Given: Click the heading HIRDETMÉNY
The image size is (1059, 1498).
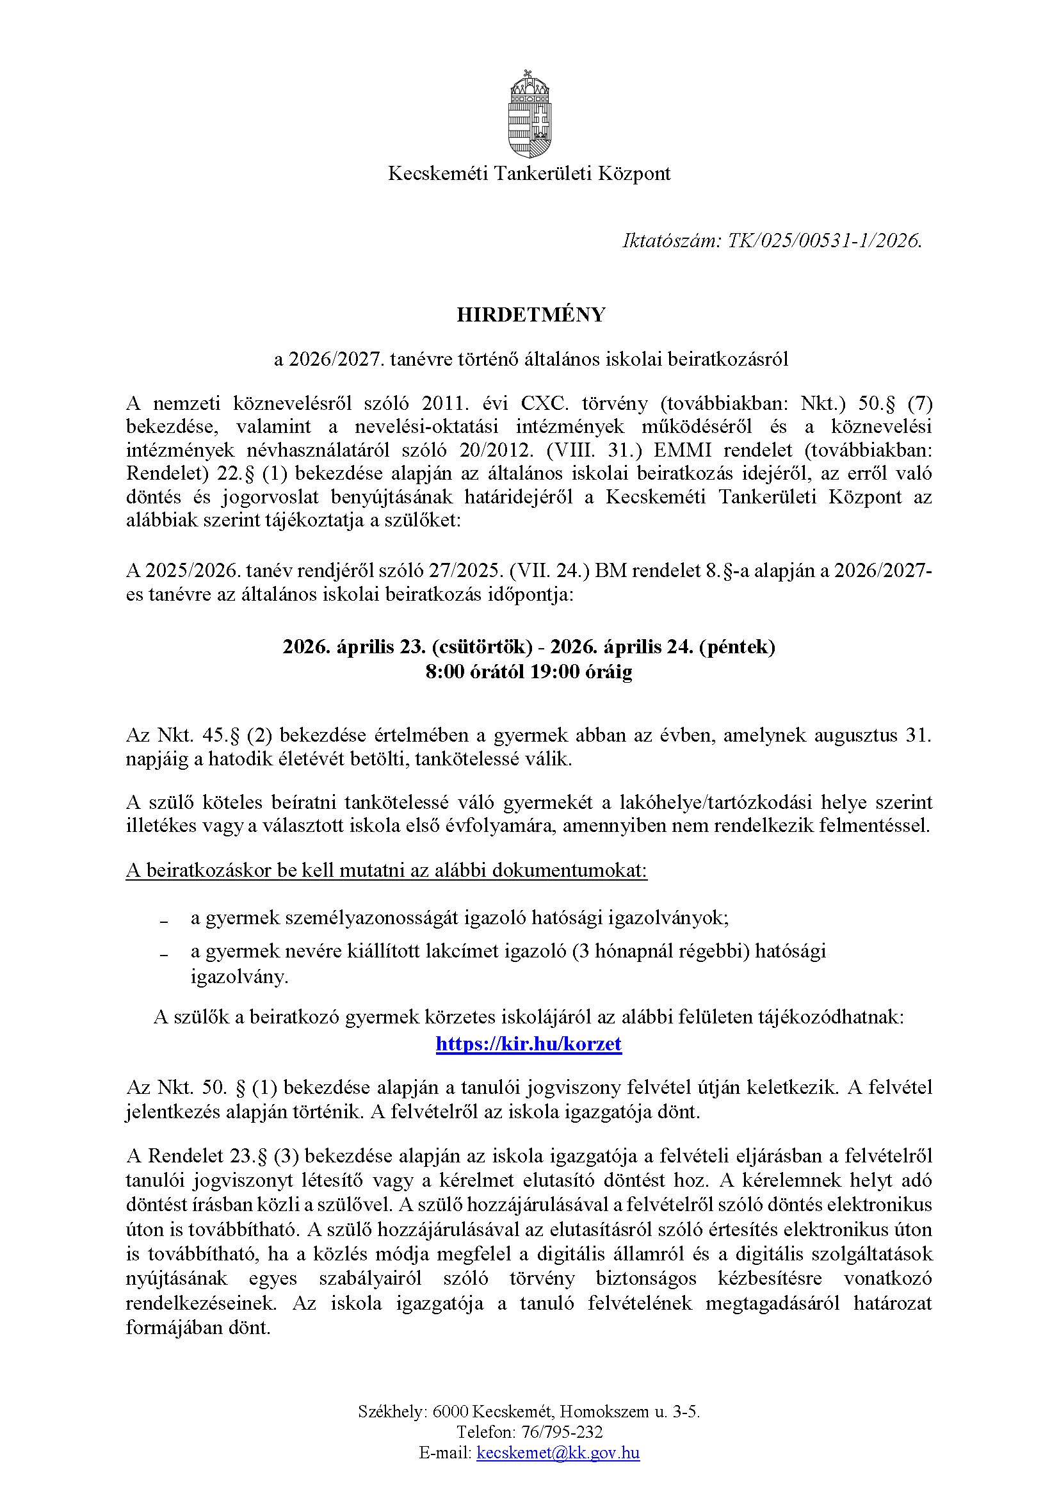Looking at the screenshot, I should click(530, 315).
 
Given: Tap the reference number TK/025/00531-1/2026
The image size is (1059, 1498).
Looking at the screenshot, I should click(825, 241).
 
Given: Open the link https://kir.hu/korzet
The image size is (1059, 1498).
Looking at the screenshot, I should click(528, 1044).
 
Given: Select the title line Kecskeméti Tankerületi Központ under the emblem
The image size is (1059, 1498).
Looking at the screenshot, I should click(529, 174).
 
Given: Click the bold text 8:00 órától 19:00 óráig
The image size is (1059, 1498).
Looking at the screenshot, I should click(529, 672).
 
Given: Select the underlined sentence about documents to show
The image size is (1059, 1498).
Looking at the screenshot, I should click(386, 871).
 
